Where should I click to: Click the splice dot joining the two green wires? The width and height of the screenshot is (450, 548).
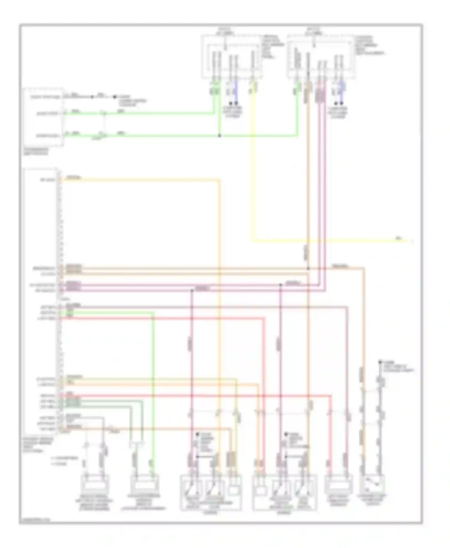[220, 136]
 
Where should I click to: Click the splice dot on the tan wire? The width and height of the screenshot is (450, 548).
[308, 268]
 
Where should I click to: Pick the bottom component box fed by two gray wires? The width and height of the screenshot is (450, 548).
[94, 484]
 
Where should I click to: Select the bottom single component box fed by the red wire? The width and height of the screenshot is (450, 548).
[338, 484]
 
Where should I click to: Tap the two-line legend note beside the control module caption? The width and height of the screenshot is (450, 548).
[64, 461]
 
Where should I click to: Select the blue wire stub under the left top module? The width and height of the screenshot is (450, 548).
[236, 91]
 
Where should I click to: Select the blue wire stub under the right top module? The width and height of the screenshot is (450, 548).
[341, 91]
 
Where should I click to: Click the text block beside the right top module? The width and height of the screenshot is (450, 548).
[369, 45]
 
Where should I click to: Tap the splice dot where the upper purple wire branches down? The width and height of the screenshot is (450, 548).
[280, 285]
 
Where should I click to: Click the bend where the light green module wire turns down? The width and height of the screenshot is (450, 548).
[154, 313]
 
